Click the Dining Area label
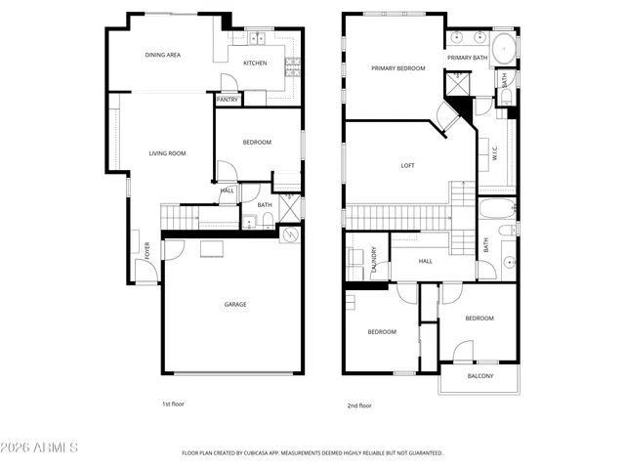pos(163,55)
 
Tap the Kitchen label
pos(255,64)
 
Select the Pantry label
pos(227,99)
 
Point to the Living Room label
pos(167,153)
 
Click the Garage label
pos(235,304)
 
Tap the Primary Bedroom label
pos(397,68)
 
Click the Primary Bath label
pos(467,59)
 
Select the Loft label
pos(408,165)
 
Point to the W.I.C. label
pos(495,153)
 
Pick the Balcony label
pos(479,376)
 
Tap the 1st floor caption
pos(173,404)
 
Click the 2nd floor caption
pos(359,405)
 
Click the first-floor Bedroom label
pos(257,143)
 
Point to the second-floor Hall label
pos(426,261)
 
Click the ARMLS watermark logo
pos(40,448)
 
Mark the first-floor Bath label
pos(265,205)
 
